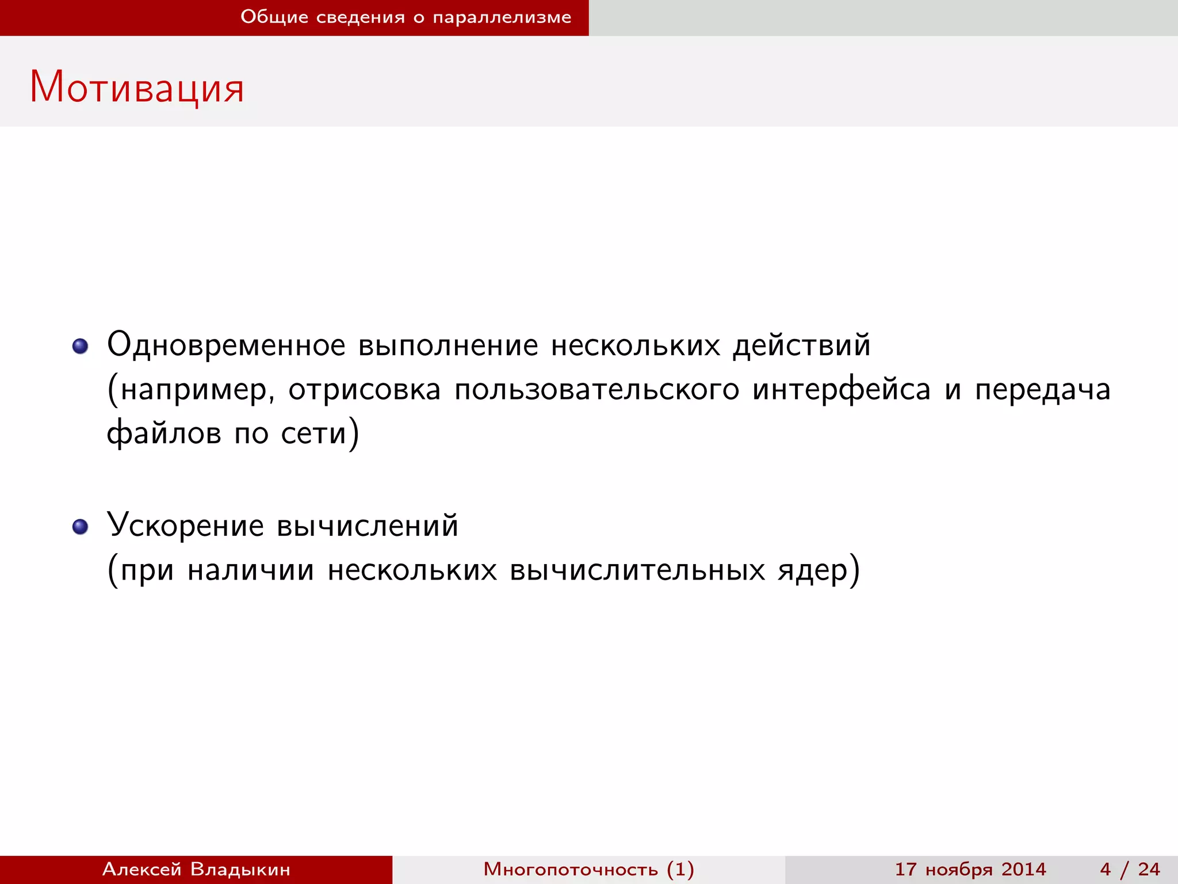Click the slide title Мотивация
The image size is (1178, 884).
click(137, 87)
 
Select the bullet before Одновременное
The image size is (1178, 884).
click(80, 346)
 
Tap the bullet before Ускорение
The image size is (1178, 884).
click(80, 526)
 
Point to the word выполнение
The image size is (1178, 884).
click(448, 345)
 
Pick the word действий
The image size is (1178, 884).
click(801, 345)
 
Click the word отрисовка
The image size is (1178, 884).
click(364, 390)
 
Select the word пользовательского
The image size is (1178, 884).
click(596, 390)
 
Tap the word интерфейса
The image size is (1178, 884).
click(842, 390)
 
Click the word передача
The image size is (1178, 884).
click(1042, 390)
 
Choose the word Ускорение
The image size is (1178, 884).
click(185, 526)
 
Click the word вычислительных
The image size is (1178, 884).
click(637, 570)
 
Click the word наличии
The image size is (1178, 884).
click(251, 570)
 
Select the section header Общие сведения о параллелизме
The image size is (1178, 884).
click(406, 17)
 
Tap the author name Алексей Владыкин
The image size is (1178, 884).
click(196, 869)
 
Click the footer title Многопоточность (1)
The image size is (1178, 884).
click(588, 869)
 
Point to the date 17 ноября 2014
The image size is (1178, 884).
click(970, 869)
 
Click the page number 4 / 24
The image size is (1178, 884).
click(1130, 869)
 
